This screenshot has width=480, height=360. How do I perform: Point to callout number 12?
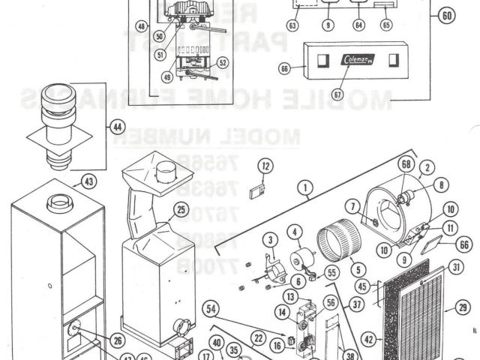pos(265,166)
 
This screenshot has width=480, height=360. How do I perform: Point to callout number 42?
pos(367,339)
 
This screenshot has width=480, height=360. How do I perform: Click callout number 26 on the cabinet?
pos(117,340)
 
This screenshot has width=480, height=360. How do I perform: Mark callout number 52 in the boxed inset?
pos(223,63)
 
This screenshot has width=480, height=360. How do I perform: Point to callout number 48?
pos(140,27)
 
